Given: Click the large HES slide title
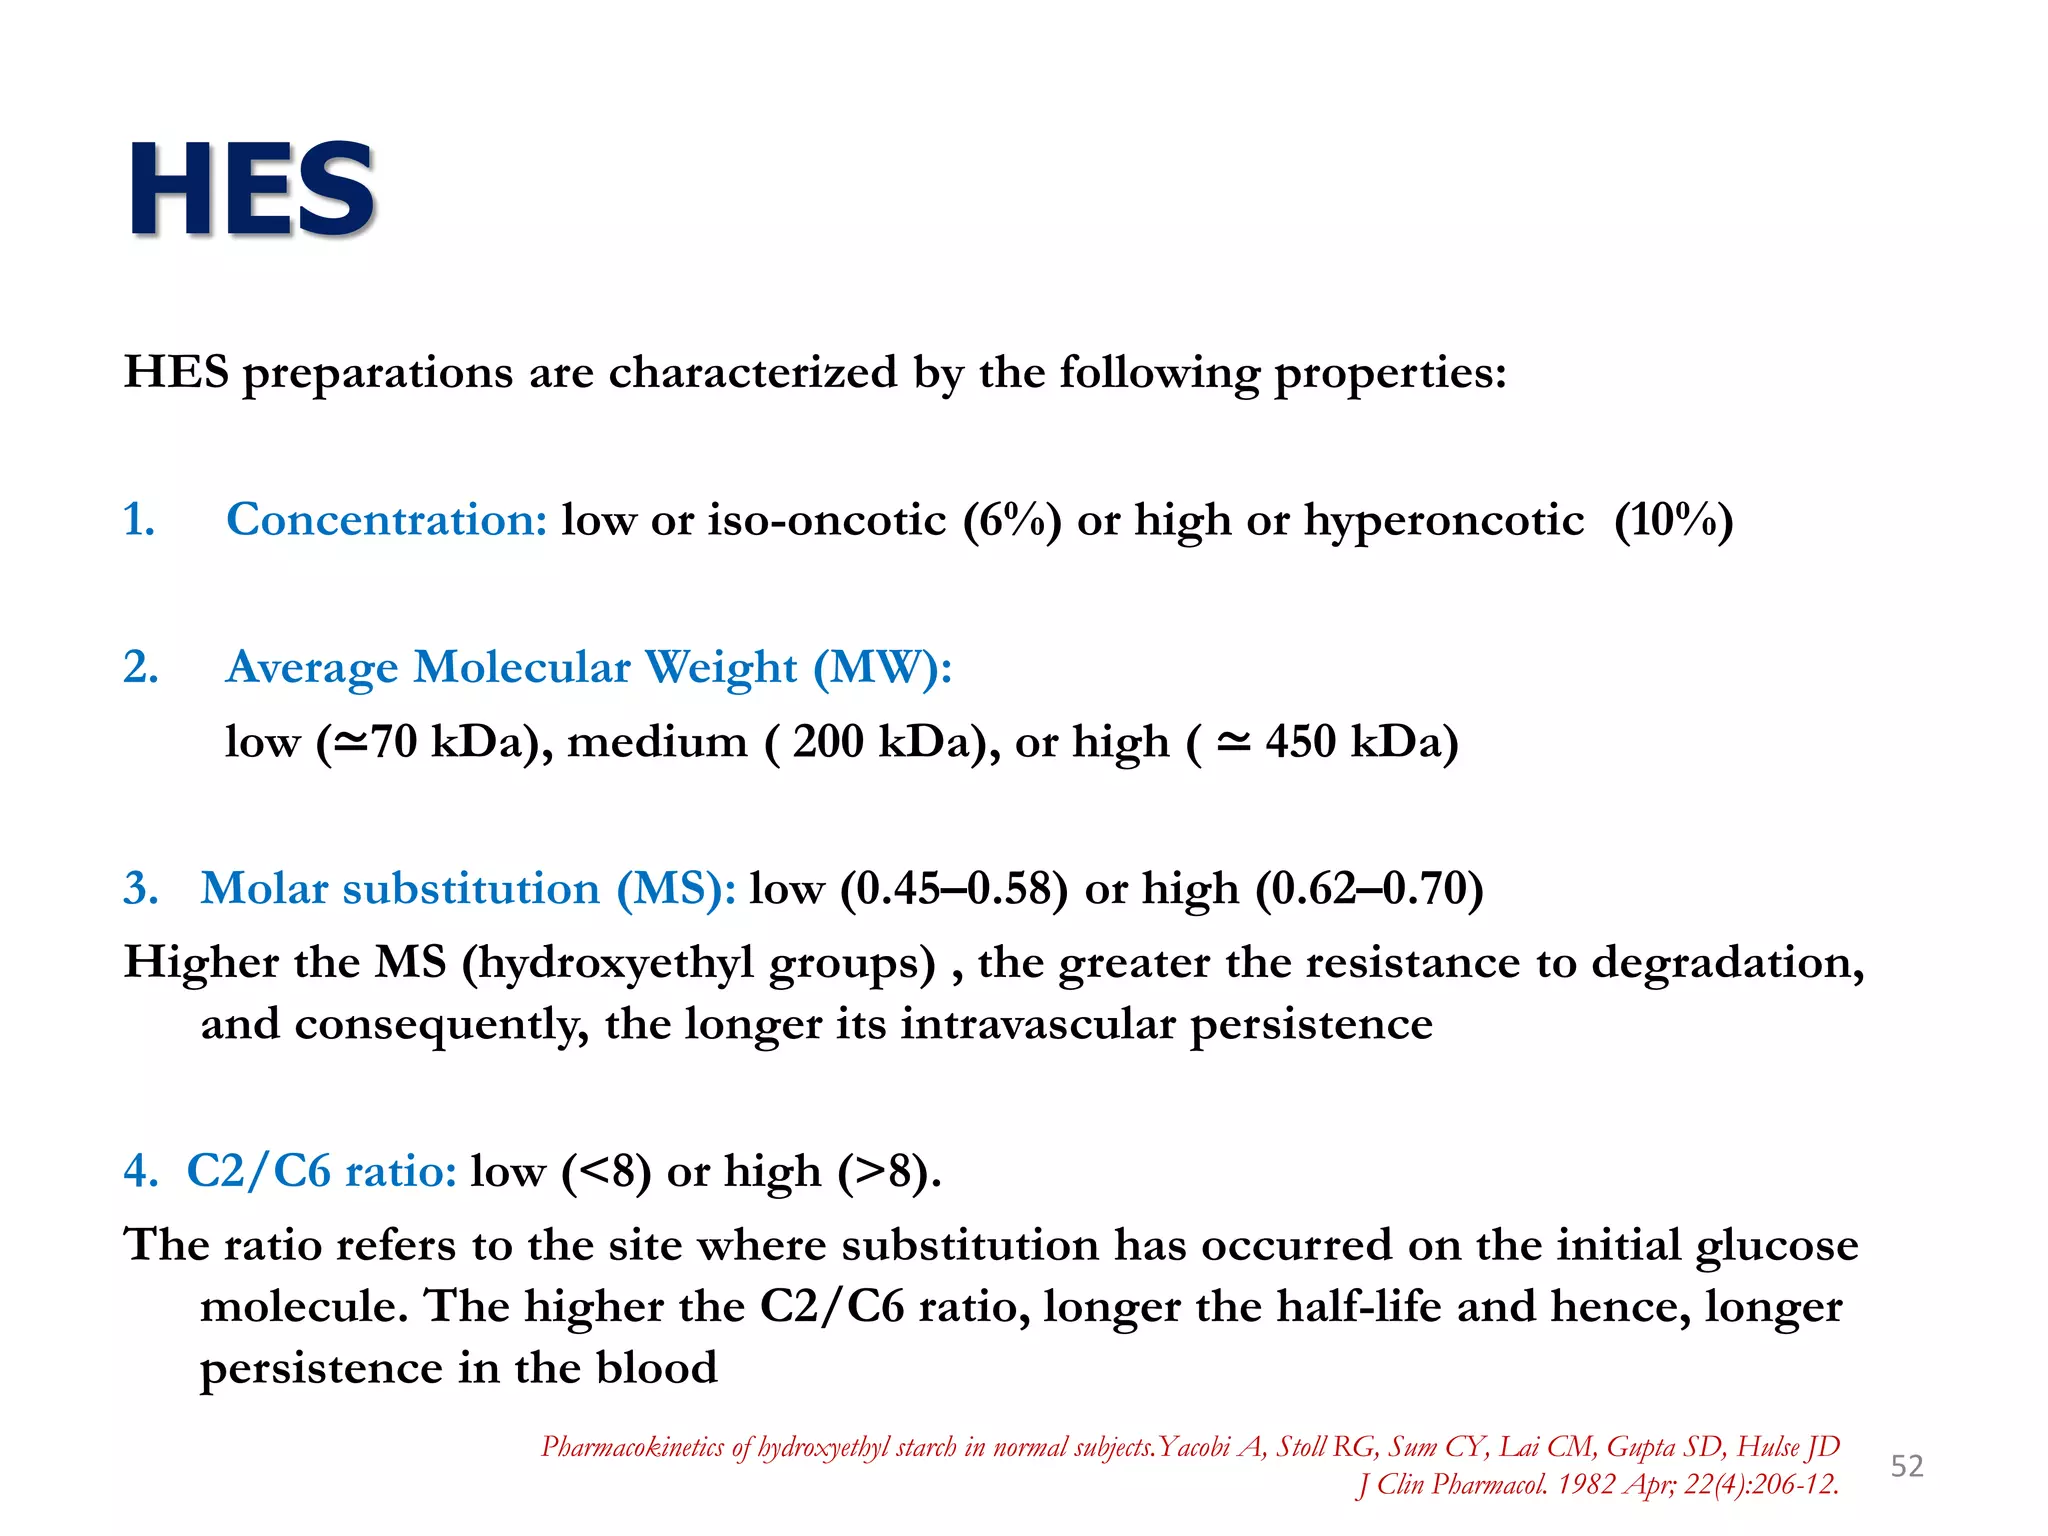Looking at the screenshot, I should point(252,190).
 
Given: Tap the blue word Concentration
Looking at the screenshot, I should point(386,520).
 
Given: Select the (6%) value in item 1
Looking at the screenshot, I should point(1011,520).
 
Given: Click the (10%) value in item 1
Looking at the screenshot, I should point(1673,520).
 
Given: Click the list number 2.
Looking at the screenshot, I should point(141,667).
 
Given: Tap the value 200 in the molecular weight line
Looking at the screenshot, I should point(828,742).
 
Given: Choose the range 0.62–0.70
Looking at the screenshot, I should point(1369,889).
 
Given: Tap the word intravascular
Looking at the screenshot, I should point(1038,1024).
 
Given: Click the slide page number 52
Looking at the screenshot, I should point(1906,1466).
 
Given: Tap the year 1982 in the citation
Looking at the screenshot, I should point(1586,1485).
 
